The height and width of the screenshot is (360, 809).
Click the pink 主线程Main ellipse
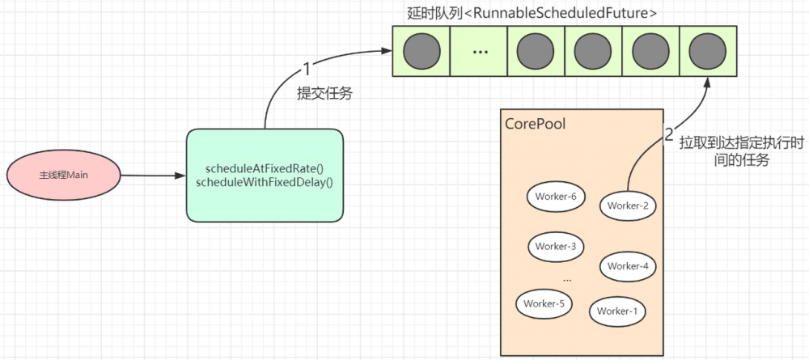pos(63,175)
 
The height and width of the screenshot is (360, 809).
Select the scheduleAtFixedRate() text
pos(264,168)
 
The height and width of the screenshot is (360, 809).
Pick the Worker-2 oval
pos(628,205)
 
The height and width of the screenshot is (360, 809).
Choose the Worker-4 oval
pos(628,265)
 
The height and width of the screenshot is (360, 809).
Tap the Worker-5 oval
pos(544,303)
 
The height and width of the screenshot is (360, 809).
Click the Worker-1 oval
pos(618,311)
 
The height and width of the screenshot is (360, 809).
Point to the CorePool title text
pos(535,125)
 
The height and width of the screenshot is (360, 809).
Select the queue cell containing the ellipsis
pos(479,51)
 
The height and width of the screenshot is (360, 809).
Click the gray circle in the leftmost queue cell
pos(421,51)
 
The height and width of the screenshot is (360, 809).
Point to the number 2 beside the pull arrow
pos(669,135)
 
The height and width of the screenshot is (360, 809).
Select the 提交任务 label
pos(324,94)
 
